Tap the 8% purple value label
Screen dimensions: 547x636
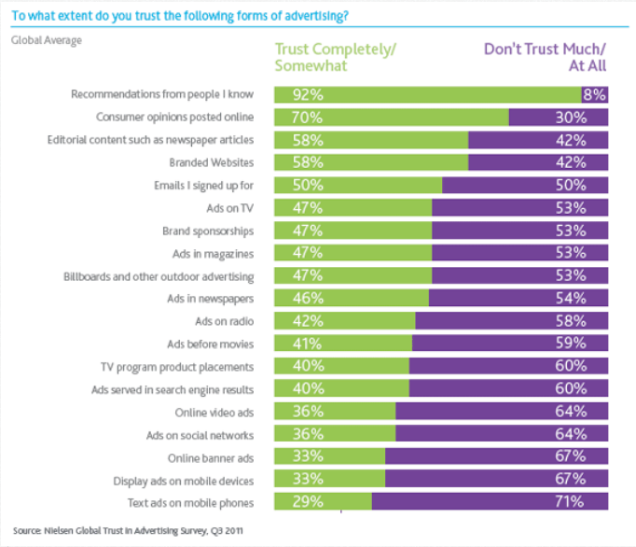[x=594, y=94]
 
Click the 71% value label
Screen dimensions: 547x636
[x=569, y=501]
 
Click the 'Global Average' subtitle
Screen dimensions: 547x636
[x=46, y=40]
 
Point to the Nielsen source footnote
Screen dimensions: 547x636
[x=128, y=530]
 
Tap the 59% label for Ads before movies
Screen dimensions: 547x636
[x=569, y=344]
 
